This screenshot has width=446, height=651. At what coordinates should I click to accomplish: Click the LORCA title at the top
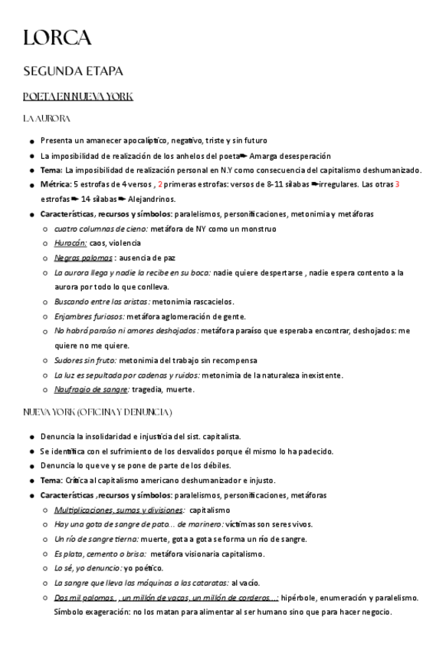57,38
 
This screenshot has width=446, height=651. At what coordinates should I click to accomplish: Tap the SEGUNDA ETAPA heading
73,71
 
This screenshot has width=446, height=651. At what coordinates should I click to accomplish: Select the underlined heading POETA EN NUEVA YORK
78,97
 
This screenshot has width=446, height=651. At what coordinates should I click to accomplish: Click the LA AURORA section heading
47,119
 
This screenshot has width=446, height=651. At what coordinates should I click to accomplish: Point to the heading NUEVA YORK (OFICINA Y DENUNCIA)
97,413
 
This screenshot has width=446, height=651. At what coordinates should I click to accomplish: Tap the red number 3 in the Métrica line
398,185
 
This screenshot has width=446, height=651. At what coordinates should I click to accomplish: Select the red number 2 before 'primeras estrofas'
160,185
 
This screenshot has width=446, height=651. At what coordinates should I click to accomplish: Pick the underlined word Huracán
70,243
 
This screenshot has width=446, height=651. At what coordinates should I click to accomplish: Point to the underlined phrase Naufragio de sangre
91,389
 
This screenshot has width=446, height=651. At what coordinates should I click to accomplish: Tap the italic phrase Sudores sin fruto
86,360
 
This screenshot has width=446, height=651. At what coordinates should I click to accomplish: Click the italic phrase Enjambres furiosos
88,316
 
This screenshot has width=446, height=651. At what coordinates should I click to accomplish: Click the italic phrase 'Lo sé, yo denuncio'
87,568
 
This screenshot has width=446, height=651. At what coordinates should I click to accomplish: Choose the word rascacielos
211,302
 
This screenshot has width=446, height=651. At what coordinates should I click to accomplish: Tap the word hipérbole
297,597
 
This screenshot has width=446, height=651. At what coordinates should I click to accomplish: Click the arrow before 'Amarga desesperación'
244,156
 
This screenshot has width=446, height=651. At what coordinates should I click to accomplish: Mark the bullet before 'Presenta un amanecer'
31,141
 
